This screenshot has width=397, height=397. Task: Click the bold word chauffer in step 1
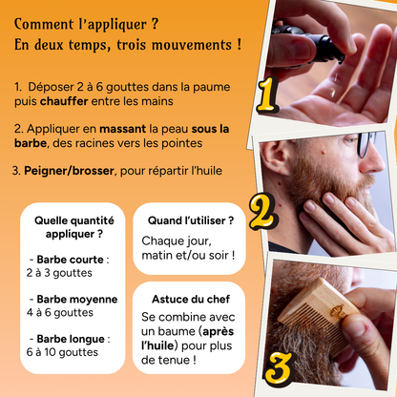(64, 101)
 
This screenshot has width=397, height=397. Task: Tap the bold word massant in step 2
(122, 129)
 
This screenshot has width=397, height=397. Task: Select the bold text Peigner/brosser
(69, 171)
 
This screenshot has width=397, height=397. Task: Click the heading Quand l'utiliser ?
(191, 220)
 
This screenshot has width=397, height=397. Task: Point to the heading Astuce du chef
(191, 299)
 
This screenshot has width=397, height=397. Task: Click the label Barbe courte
(70, 260)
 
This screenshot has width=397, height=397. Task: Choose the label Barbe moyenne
(77, 300)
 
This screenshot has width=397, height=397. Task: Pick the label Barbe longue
(71, 339)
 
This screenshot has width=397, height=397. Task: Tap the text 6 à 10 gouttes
(62, 352)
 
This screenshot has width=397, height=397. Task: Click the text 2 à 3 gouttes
(59, 273)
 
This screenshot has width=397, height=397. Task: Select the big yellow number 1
(267, 94)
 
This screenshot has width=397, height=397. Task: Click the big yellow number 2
(263, 211)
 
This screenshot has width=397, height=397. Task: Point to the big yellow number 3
(278, 368)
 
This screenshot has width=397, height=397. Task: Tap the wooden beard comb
(318, 316)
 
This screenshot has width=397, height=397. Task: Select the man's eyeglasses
(366, 144)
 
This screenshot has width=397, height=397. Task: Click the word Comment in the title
(44, 24)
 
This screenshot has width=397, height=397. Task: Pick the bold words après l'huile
(188, 339)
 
